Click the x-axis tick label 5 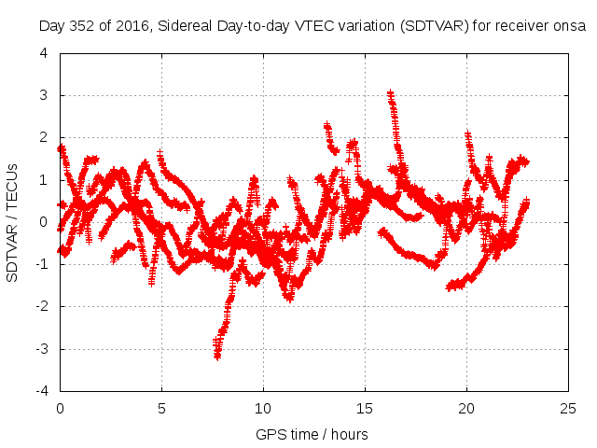click(161, 409)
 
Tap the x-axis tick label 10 click(263, 409)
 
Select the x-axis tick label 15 click(365, 409)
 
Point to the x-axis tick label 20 click(466, 409)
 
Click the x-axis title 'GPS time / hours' click(312, 434)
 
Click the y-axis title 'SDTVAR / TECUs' click(13, 222)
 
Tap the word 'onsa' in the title click(568, 27)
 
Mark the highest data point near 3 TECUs click(390, 93)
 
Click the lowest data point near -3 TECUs click(217, 356)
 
